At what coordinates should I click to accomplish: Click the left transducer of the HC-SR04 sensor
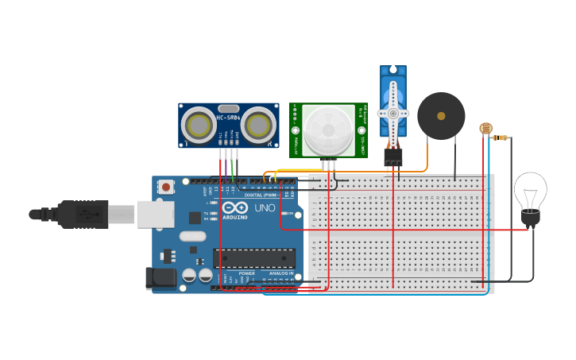coord(198,124)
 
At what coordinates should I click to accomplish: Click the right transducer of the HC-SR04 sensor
coord(259,124)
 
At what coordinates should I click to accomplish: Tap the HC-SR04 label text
coord(228,118)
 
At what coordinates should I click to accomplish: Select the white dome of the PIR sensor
coord(328,130)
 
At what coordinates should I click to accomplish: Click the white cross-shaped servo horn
coord(393,113)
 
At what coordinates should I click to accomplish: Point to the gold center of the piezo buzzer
coord(441,115)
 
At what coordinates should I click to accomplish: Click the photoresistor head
coord(485,128)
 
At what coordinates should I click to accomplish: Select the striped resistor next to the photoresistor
coord(500,137)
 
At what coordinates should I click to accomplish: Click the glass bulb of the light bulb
coord(530,190)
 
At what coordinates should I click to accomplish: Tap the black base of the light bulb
coord(530,217)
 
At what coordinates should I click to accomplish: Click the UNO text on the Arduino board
coord(264,207)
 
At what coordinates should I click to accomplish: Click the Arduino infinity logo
coord(234,207)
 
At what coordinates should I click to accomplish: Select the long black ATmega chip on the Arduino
coord(253,258)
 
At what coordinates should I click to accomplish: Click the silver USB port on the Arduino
coord(156,214)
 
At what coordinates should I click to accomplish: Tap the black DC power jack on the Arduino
coord(160,278)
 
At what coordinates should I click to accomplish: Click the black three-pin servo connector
coord(393,157)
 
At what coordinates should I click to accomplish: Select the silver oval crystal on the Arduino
coord(192,236)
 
